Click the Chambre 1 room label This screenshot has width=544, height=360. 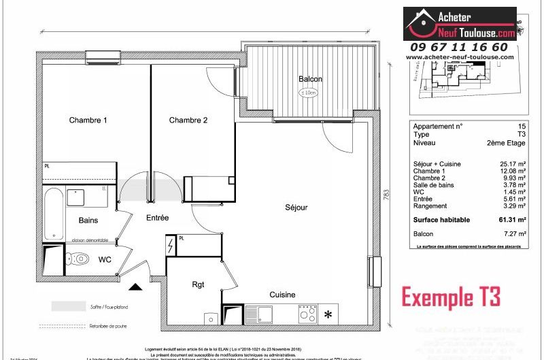pos(88,120)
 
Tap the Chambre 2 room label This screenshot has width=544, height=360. pos(188,120)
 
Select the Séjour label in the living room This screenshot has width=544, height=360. pos(296,207)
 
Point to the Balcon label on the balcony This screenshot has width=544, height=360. pos(310,80)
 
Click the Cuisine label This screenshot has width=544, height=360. pos(282,295)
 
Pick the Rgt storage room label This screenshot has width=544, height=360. pos(198,284)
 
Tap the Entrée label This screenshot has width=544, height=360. pos(157,218)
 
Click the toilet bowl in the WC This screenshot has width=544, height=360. pos(80,259)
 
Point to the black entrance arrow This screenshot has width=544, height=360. pos(136,289)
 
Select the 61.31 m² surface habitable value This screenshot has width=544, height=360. pos(514,220)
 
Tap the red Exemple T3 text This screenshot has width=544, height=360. pos(451,297)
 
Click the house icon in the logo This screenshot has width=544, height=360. pos(420,24)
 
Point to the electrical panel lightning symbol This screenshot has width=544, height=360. pos(170,246)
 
